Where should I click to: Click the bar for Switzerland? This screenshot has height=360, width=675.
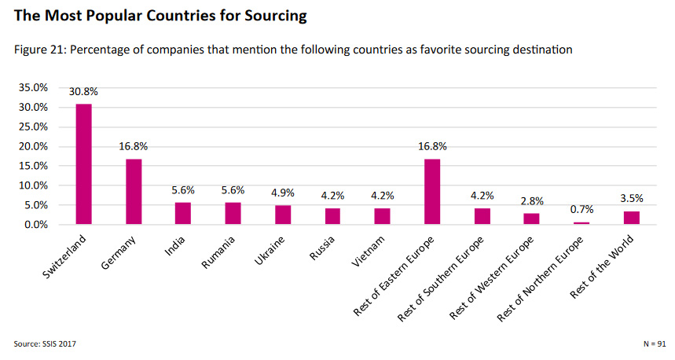point(83,164)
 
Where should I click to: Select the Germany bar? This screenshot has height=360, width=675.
point(134,192)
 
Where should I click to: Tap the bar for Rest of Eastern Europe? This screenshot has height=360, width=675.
point(431,192)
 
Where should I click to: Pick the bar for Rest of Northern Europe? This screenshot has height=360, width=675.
point(581,223)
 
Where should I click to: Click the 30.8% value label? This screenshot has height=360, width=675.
point(83,92)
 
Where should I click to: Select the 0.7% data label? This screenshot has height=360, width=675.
point(581,209)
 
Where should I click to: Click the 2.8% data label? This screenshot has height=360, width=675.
point(532,201)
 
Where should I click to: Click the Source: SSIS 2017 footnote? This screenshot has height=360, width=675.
point(46,343)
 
